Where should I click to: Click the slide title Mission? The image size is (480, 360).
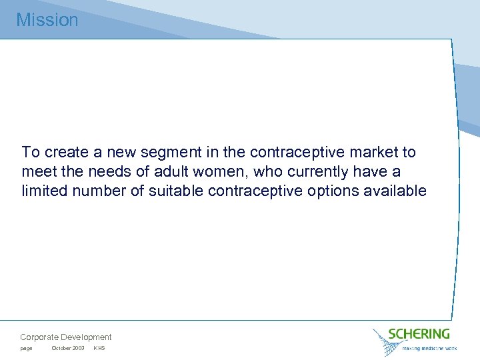click(47, 20)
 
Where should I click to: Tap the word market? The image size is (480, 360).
click(342, 153)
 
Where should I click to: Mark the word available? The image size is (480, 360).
click(397, 191)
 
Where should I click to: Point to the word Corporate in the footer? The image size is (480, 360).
click(39, 337)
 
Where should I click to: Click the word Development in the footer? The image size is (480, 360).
click(86, 337)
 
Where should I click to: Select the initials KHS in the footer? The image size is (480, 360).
click(99, 349)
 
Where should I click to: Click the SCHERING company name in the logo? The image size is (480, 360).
click(419, 333)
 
